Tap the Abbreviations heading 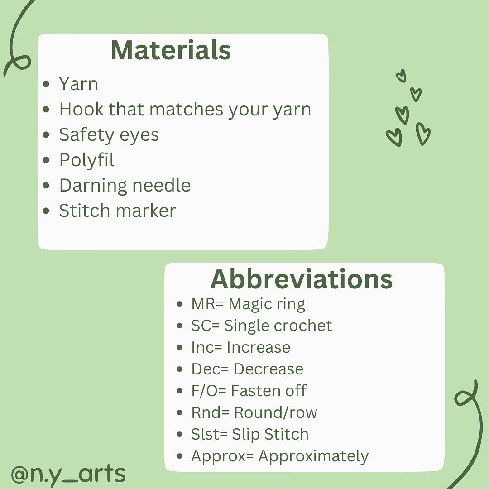pyautogui.click(x=301, y=279)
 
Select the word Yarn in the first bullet pyautogui.click(x=79, y=84)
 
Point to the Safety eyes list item pyautogui.click(x=109, y=135)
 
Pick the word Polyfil pyautogui.click(x=86, y=160)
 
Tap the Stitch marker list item pyautogui.click(x=118, y=211)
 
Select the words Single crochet pyautogui.click(x=278, y=326)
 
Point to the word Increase pyautogui.click(x=259, y=347)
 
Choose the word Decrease pyautogui.click(x=268, y=369)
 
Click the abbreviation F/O pyautogui.click(x=204, y=391)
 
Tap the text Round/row pyautogui.click(x=276, y=412)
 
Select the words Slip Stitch pyautogui.click(x=270, y=435)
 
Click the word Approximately pyautogui.click(x=313, y=456)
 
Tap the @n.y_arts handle pyautogui.click(x=68, y=474)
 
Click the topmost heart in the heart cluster pyautogui.click(x=401, y=76)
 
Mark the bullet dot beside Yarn pyautogui.click(x=46, y=84)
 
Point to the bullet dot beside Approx pyautogui.click(x=179, y=456)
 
